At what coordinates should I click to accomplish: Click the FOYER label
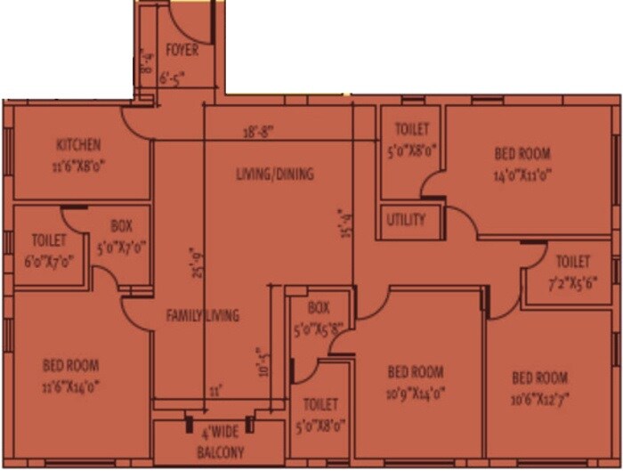182,51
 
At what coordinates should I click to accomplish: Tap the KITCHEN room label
78,145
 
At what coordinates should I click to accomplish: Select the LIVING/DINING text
274,174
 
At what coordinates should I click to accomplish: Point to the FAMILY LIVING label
203,314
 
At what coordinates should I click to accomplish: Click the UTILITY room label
406,220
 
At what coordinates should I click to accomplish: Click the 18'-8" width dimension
258,131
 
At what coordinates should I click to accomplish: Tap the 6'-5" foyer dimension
174,78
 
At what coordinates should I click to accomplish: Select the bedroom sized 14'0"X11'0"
522,164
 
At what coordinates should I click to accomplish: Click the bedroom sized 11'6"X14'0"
71,375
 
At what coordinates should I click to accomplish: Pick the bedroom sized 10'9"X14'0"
416,382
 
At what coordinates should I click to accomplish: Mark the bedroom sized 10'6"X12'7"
540,387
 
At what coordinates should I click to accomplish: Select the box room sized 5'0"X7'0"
121,235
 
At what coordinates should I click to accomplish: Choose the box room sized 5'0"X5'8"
319,316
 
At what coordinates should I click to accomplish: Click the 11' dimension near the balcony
214,392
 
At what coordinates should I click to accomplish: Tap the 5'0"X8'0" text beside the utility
411,150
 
